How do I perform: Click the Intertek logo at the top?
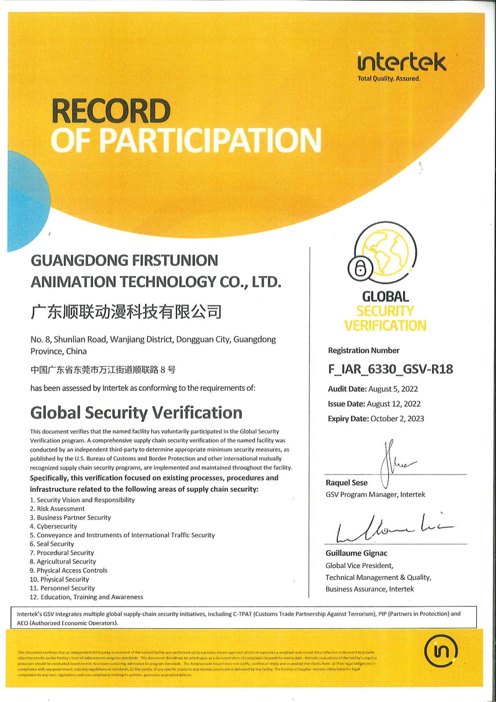402,62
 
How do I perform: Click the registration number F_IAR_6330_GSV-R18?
390,370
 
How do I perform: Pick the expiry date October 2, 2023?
397,419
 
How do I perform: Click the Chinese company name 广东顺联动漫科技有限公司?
126,311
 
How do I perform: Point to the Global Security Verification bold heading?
136,412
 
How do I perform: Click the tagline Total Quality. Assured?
389,79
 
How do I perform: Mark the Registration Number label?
363,350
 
